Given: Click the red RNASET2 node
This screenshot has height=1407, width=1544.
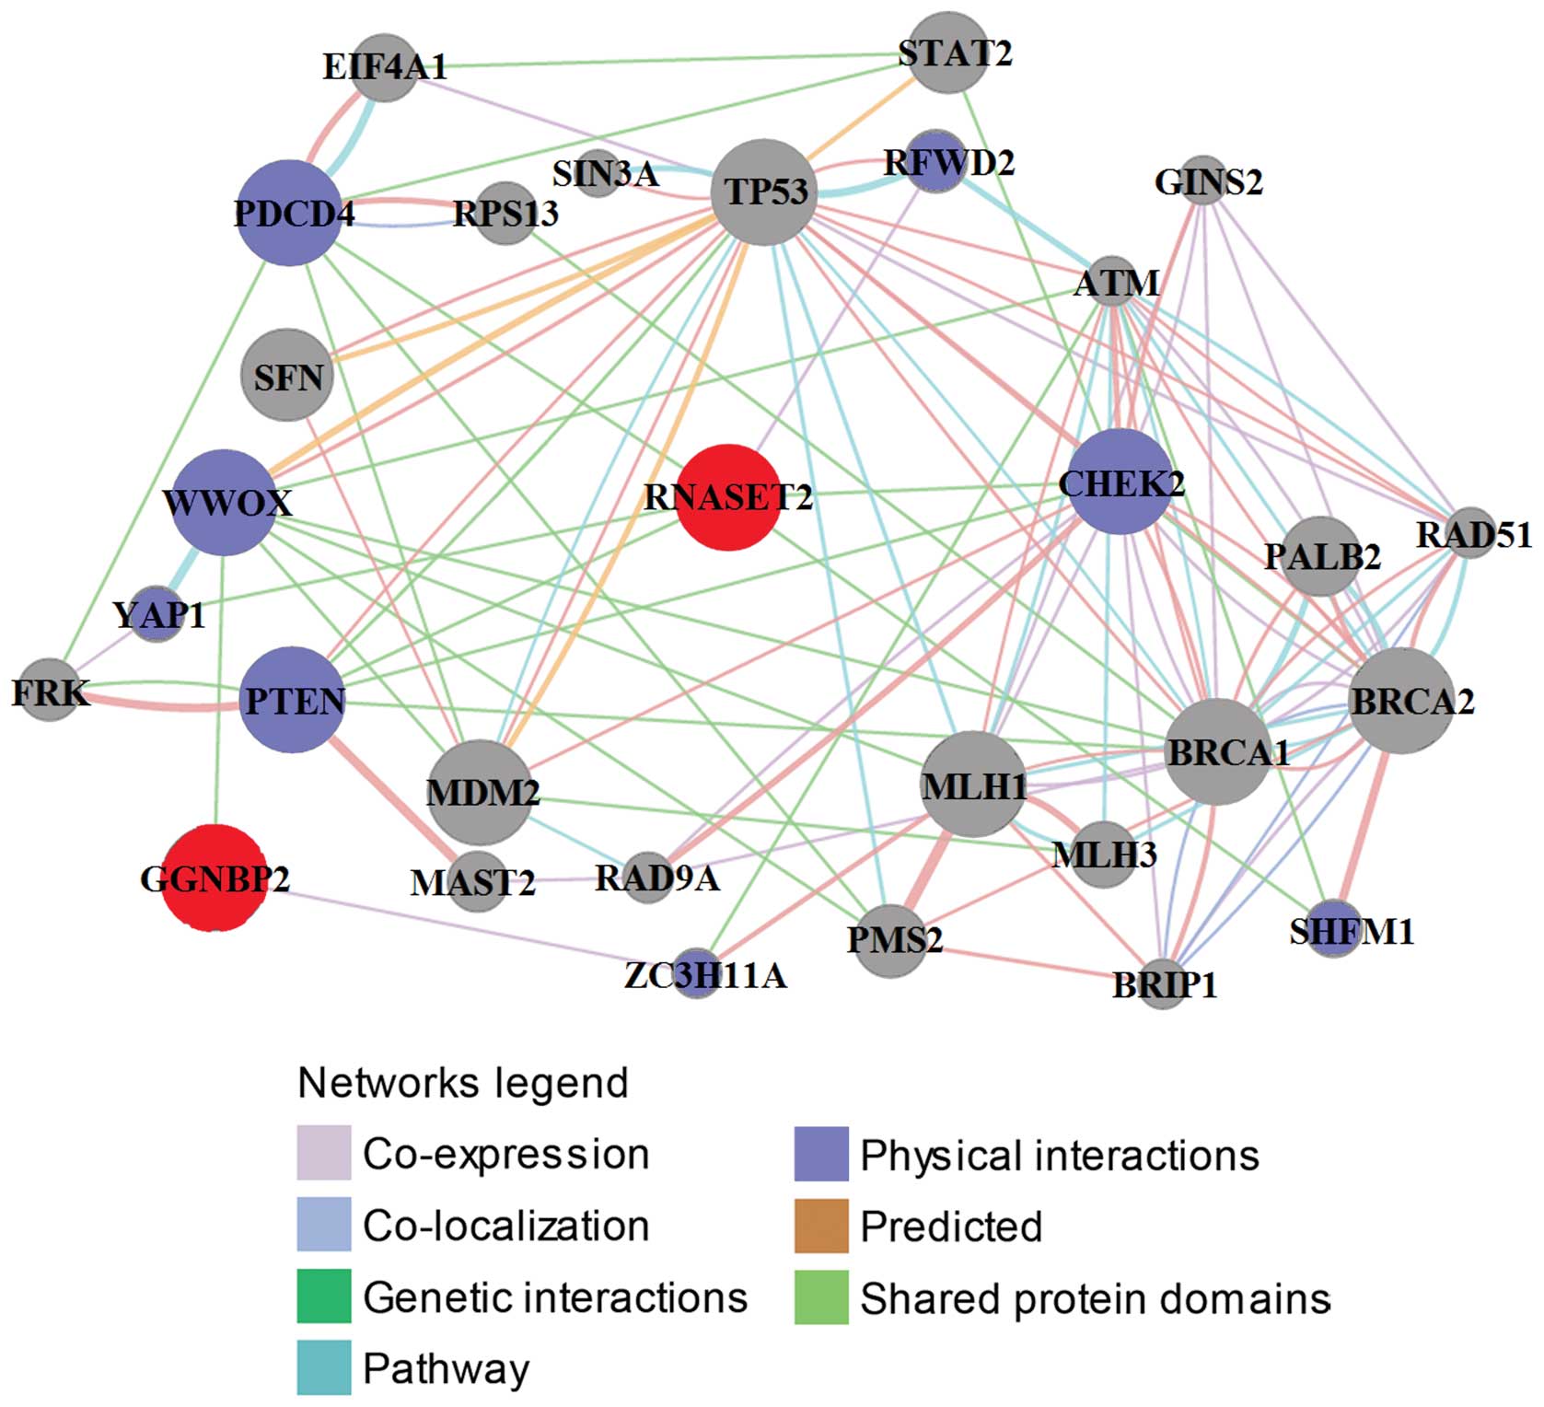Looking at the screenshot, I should click(728, 497).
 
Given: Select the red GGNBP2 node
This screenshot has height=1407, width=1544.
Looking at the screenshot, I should click(215, 878).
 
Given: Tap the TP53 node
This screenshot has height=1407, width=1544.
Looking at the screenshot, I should click(764, 192).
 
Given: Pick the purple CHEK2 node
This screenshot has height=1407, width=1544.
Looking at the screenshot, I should click(1120, 482).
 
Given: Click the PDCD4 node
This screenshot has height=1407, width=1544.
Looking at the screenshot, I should click(289, 213).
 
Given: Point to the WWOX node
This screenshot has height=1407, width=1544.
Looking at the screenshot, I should click(225, 503).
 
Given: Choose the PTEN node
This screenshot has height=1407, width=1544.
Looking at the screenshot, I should click(293, 701).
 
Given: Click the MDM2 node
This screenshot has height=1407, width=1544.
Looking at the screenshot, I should click(481, 792).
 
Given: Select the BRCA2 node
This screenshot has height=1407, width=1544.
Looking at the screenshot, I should click(1401, 701).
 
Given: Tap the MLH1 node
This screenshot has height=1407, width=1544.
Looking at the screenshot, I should click(973, 785).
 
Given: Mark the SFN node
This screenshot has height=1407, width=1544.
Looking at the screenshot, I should click(287, 376).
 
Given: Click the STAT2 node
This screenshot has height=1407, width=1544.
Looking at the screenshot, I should click(948, 52).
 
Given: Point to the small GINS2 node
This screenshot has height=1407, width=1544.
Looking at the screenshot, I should click(1203, 180).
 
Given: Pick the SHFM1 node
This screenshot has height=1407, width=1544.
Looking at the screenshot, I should click(1334, 930).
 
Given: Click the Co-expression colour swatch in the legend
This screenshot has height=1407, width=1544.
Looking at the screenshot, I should click(323, 1153).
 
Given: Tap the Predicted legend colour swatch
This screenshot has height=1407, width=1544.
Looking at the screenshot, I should click(820, 1226).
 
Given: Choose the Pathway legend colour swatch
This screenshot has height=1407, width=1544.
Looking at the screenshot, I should click(323, 1368).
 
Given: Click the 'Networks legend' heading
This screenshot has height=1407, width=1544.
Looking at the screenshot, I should click(463, 1083).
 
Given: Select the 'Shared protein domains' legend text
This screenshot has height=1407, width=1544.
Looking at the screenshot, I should click(1095, 1298).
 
